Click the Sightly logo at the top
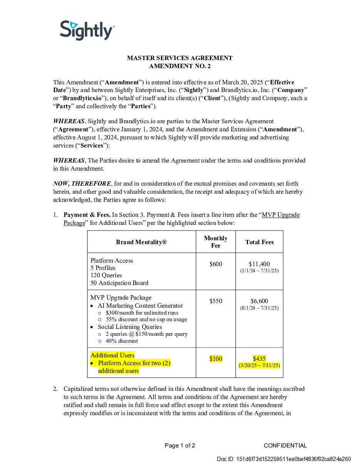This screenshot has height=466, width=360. click(87, 30)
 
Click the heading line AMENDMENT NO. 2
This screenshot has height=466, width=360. click(180, 66)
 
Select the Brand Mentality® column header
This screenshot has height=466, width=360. click(141, 242)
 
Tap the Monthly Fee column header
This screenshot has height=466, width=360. click(216, 242)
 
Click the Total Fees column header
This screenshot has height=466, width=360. click(260, 242)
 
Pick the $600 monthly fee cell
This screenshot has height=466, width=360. click(216, 264)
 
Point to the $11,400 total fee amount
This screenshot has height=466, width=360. click(260, 264)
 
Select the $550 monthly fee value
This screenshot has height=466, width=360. click(216, 301)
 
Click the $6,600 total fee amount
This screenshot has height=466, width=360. click(260, 301)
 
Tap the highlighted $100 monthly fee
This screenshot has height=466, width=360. click(216, 359)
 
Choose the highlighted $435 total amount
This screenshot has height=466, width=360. click(260, 359)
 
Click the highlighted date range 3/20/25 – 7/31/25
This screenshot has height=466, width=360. click(260, 365)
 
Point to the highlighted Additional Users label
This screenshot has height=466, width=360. click(112, 355)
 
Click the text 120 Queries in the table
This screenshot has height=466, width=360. click(106, 275)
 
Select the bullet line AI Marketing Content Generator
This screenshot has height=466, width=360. click(140, 306)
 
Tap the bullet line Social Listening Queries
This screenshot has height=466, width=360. click(130, 327)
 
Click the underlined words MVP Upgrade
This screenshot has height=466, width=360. click(280, 215)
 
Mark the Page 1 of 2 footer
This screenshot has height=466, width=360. click(180, 446)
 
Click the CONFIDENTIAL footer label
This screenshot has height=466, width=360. click(285, 446)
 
